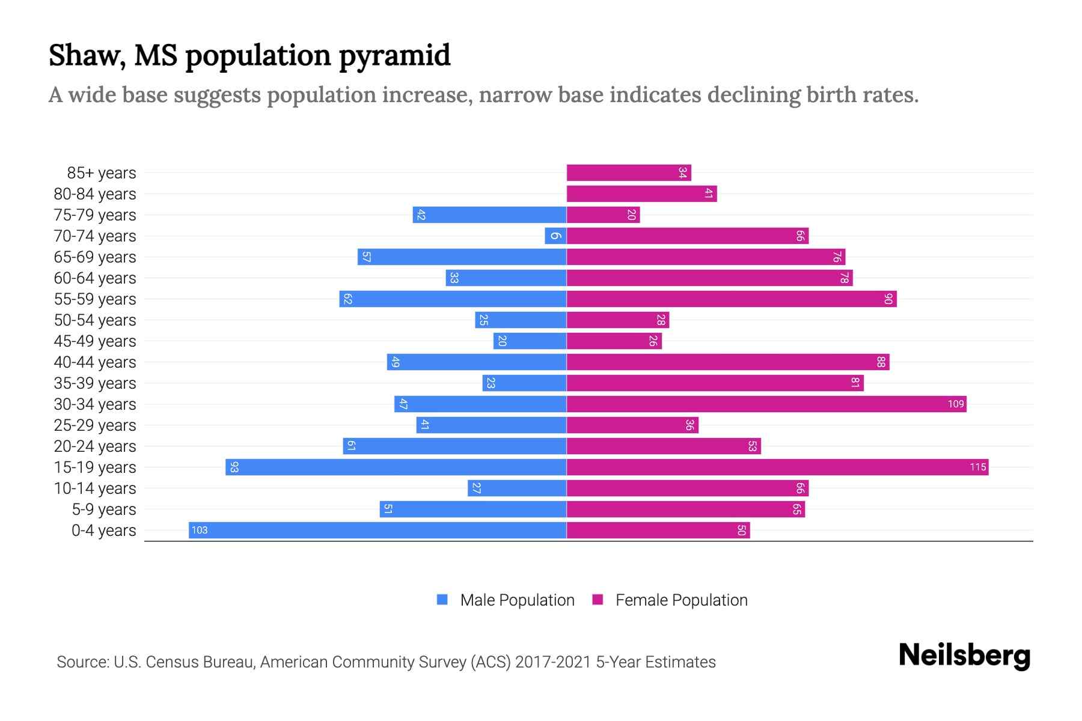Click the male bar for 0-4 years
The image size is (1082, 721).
pos(377,530)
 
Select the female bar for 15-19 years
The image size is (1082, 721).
pos(777,467)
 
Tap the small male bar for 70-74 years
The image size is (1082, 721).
pos(555,236)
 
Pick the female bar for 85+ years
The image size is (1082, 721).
pos(629,172)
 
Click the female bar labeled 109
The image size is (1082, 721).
pos(766,404)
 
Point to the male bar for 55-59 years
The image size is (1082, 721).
pos(453,299)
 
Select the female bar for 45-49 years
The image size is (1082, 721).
pos(614,341)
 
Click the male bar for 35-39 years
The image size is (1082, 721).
pos(524,383)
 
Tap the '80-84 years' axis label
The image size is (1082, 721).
pos(95,194)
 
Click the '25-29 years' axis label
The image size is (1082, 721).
pos(95,425)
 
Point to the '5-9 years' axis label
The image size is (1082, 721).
pos(104,510)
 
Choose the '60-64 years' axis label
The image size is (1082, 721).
pos(95,278)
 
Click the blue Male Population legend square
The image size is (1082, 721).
pos(442,600)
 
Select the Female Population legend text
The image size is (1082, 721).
pos(681,600)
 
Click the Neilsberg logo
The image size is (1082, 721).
pos(964,656)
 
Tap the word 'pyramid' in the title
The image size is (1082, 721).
pos(394,55)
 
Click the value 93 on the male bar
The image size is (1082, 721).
pos(234,467)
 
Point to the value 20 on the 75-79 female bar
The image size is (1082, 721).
pos(631,214)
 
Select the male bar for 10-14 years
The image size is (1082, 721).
pos(517,488)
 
